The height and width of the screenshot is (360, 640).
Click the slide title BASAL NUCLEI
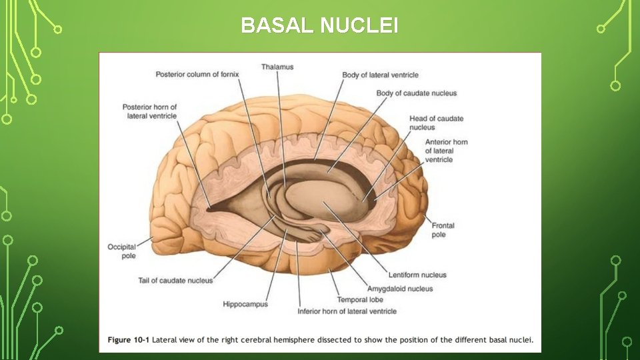(320, 25)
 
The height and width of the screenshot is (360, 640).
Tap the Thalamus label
(277, 67)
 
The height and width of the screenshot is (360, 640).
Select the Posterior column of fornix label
(197, 74)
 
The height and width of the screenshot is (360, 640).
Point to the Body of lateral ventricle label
(380, 75)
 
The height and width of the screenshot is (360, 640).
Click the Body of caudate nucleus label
(416, 93)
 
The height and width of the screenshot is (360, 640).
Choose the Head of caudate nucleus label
(436, 123)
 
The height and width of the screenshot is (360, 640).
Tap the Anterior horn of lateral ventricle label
(446, 151)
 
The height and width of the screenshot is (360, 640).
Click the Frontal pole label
(443, 230)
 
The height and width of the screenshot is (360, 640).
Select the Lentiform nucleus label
(417, 275)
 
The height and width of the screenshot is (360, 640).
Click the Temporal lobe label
(360, 300)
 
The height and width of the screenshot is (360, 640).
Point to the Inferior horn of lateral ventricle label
(347, 311)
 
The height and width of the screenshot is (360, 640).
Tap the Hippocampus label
(245, 305)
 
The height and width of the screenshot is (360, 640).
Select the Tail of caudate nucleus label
(175, 280)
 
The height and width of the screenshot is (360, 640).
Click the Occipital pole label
(121, 251)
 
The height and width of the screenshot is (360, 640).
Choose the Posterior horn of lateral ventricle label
(150, 111)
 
